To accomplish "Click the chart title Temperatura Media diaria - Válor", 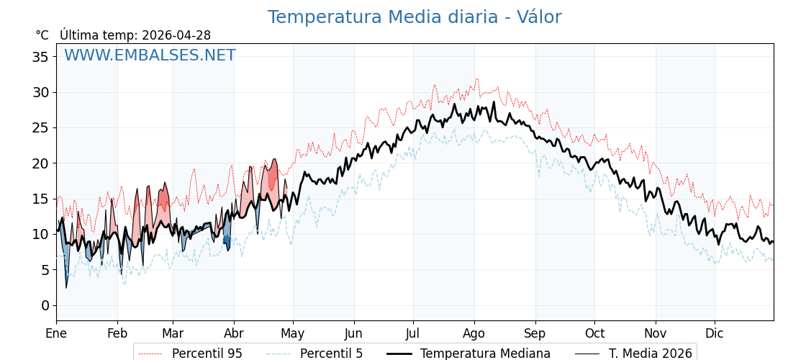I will pos(415,17).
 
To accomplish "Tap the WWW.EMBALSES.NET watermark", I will pos(150,55).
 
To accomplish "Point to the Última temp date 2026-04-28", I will pos(176,35).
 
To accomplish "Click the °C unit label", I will pos(42,35).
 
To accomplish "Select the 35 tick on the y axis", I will pos(40,57).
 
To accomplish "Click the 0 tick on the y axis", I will pos(45,305).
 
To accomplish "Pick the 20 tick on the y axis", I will pos(40,163).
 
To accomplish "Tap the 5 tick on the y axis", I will pos(45,270).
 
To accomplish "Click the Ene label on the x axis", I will pos(56,333).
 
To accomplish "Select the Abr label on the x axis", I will pos(234,333).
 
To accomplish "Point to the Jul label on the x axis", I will pos(413,333).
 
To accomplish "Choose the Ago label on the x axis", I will pos(474,333).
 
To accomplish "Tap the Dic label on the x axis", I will pos(715,333).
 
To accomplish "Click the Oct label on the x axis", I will pos(594,333).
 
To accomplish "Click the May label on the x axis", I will pos(293,333).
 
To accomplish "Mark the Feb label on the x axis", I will pos(117,333).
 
